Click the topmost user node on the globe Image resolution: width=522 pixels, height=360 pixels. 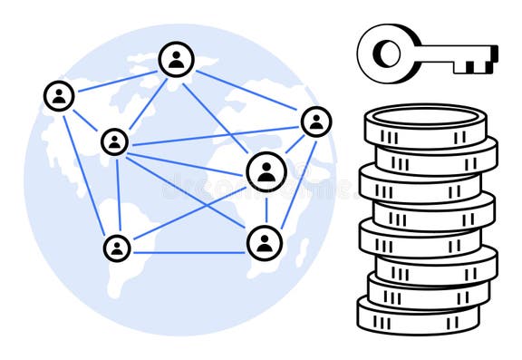coord(176,60)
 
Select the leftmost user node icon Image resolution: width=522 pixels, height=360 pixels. coord(59,95)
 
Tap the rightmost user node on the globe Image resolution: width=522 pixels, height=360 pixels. coord(315,122)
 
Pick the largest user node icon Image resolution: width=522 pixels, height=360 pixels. coord(266,171)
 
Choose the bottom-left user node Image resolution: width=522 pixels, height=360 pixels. coord(117,248)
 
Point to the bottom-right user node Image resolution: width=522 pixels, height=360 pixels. coord(265,243)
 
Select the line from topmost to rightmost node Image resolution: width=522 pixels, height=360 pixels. coord(246,91)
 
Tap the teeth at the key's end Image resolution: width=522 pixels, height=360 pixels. coord(484,60)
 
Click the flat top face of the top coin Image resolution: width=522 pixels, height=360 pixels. coord(427,117)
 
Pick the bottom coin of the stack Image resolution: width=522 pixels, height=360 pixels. coord(417,318)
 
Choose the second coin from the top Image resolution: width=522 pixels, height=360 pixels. coord(436,160)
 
